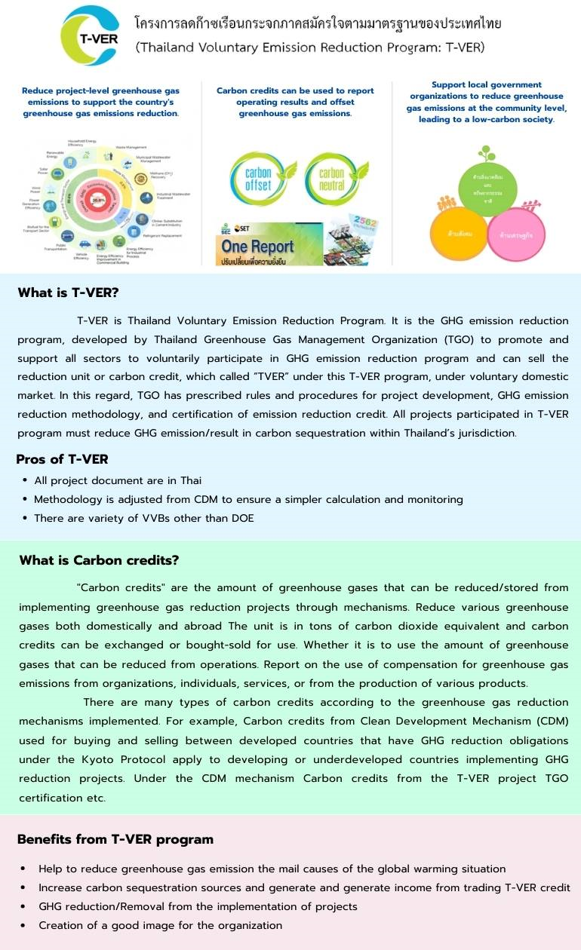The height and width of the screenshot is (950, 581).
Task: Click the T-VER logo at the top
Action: (89, 35)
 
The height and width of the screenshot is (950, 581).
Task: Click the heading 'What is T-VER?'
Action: (69, 293)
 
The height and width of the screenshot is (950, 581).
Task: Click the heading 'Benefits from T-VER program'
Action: (115, 839)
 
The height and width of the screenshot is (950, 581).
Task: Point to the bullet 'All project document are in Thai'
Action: (118, 480)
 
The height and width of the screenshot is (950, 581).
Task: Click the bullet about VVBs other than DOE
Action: (144, 518)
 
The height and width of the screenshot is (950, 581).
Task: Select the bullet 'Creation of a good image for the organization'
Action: (160, 925)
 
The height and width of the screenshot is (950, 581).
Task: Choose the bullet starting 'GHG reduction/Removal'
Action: (198, 906)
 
